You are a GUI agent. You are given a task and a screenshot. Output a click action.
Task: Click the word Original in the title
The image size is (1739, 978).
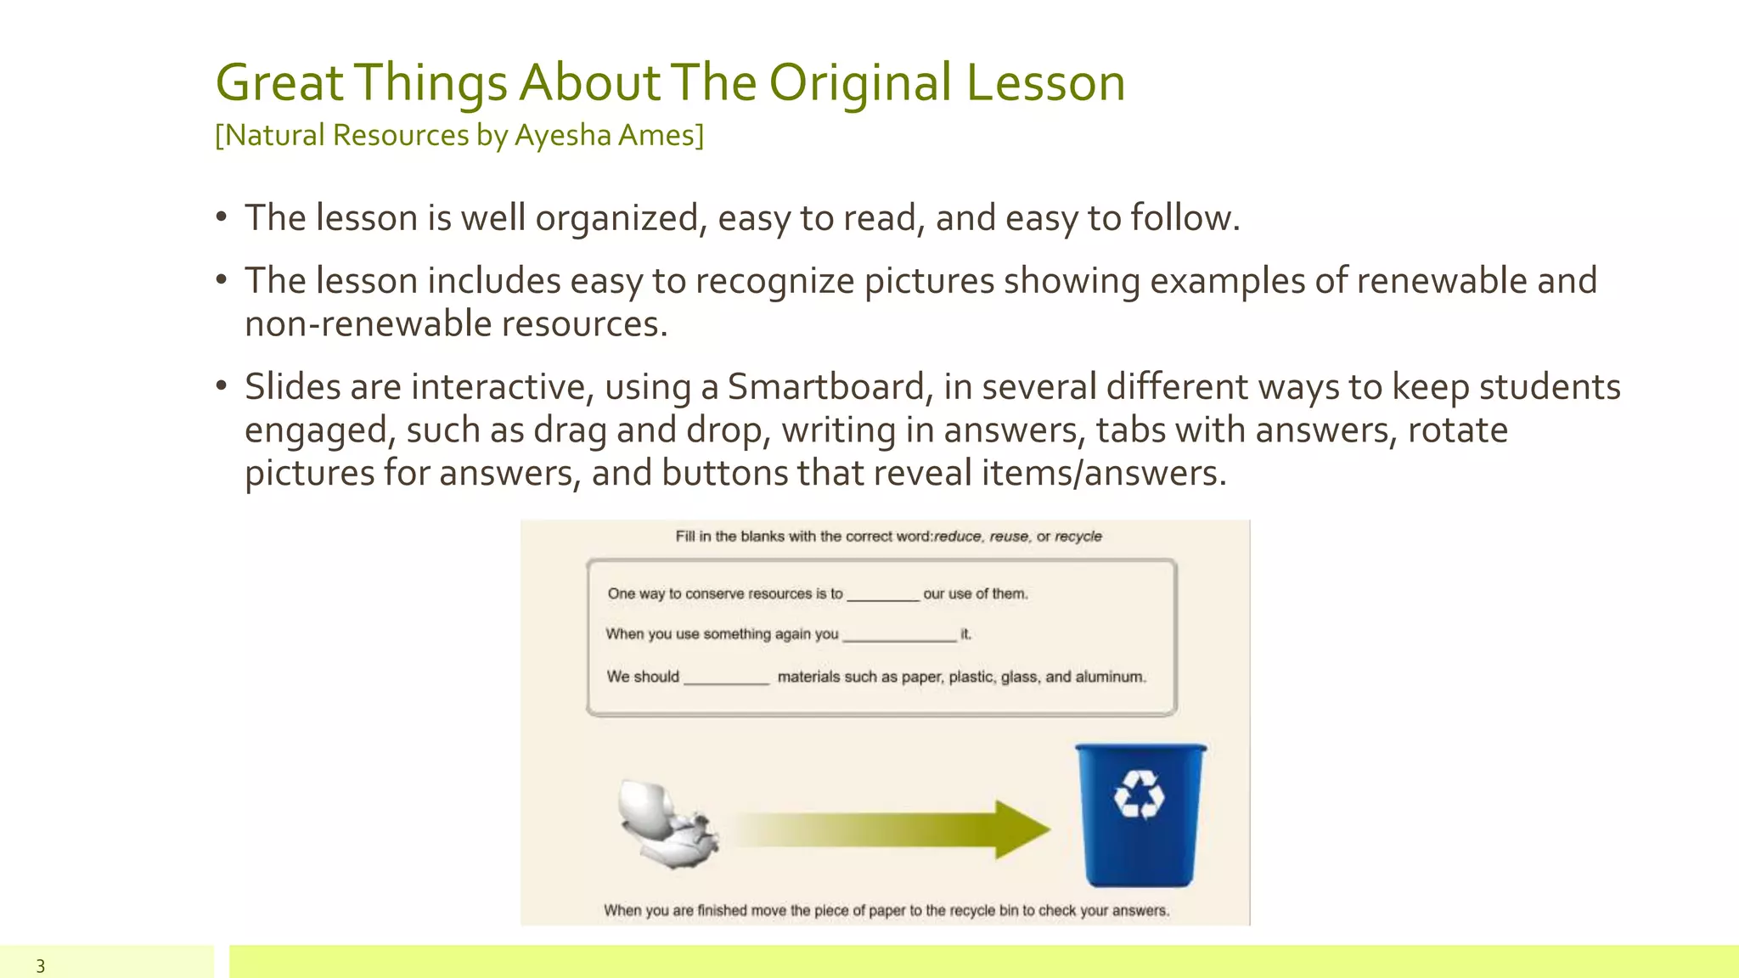pos(859,83)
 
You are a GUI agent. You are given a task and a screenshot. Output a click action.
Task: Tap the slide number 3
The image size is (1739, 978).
pos(40,965)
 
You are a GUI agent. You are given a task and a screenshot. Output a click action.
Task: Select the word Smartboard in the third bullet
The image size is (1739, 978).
pos(824,387)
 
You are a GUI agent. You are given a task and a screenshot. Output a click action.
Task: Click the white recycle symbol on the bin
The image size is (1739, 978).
pos(1139,795)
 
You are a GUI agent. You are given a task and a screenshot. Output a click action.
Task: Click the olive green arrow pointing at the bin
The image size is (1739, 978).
pos(892,829)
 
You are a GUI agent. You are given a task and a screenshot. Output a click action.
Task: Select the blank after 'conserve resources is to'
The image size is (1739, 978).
pos(882,595)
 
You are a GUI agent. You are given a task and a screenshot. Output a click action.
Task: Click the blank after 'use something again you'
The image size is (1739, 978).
pos(898,636)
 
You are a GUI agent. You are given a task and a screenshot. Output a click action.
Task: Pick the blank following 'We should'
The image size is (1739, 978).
pos(726,678)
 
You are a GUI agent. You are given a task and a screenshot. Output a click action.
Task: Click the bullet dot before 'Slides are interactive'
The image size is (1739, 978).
pos(222,386)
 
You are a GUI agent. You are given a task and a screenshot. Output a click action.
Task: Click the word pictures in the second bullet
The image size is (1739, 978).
pos(929,281)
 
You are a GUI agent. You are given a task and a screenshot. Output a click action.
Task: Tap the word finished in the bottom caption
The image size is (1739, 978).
pos(722,910)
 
